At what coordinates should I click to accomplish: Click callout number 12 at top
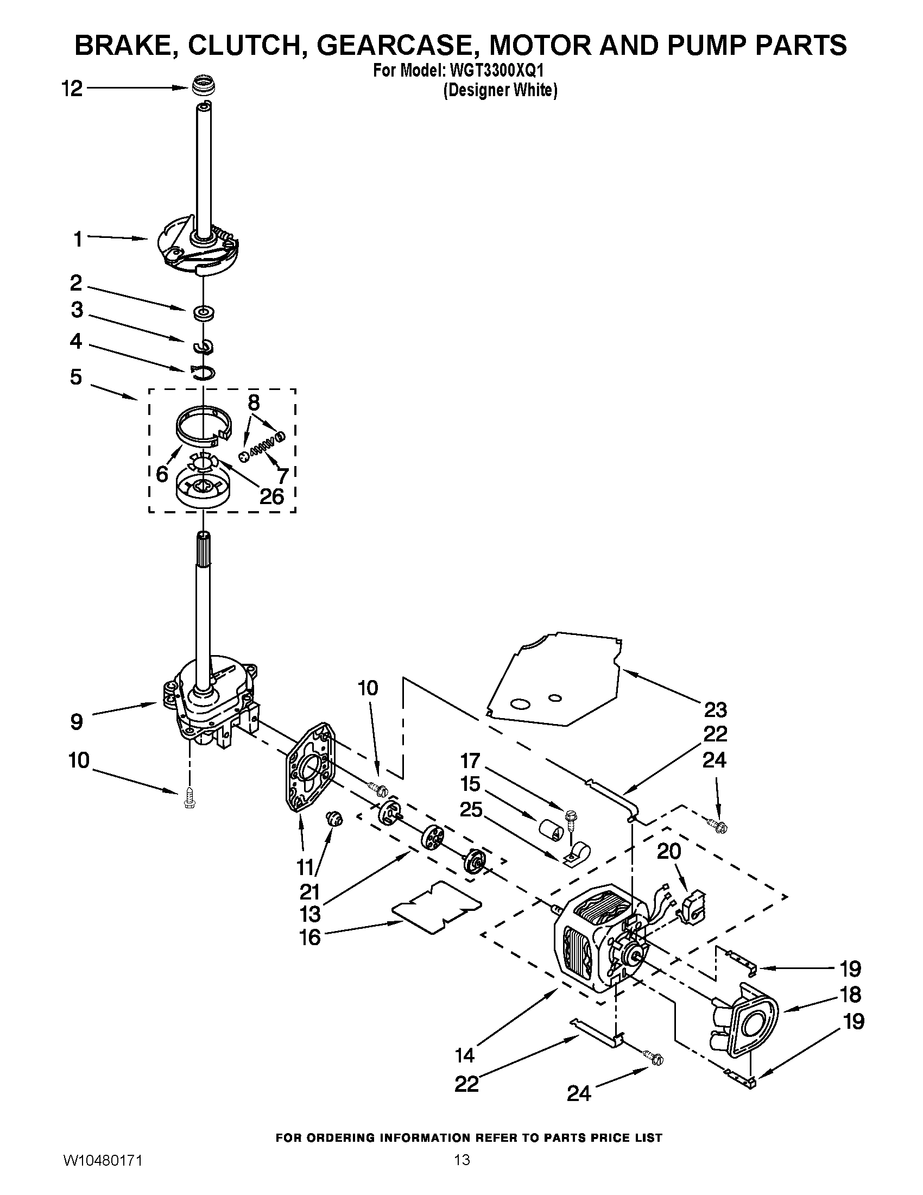(x=72, y=88)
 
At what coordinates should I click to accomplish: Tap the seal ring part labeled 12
(x=205, y=86)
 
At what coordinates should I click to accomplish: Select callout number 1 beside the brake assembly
(x=78, y=238)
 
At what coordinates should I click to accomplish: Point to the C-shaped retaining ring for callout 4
(x=203, y=372)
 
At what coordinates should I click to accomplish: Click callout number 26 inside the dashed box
(x=272, y=496)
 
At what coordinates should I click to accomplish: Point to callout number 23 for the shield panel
(x=715, y=710)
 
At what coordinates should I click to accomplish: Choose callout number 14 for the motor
(x=465, y=1055)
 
